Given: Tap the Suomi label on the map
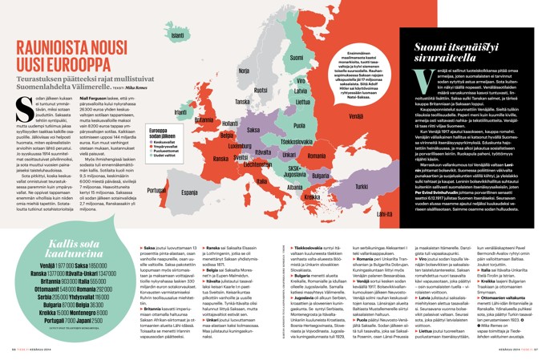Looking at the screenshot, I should click(296, 58).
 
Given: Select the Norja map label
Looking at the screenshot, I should click(244, 70).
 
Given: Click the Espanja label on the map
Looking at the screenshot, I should click(189, 193).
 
